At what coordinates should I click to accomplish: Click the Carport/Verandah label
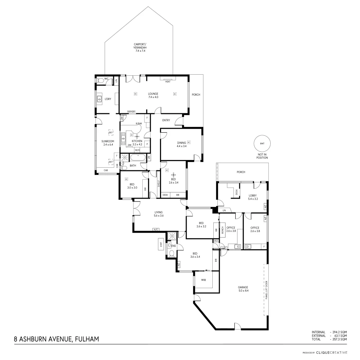click(140, 47)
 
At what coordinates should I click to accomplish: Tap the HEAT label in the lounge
click(168, 81)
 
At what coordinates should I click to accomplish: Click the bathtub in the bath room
click(138, 158)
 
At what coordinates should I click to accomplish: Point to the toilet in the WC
click(100, 80)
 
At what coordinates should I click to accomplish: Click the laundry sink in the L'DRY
click(99, 99)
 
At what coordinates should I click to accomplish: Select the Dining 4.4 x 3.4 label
click(182, 144)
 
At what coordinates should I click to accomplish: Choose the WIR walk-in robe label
click(203, 280)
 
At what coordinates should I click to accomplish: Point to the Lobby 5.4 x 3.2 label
click(253, 197)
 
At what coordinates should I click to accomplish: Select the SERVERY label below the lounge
click(131, 111)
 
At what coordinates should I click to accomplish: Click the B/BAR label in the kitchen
click(139, 124)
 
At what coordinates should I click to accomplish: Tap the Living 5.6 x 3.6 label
click(158, 214)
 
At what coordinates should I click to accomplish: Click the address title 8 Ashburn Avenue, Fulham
click(56, 339)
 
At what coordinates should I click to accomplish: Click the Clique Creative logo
click(331, 352)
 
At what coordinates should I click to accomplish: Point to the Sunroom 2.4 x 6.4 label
click(108, 143)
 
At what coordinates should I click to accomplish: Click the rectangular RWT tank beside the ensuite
click(161, 244)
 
